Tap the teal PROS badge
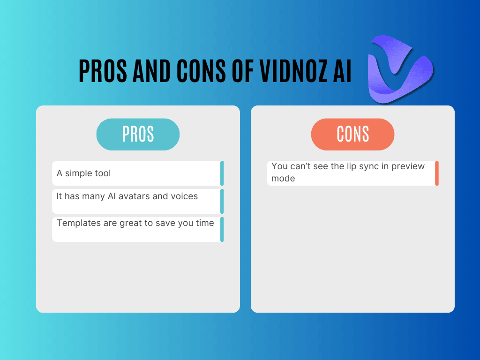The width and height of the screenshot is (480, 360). [x=138, y=135]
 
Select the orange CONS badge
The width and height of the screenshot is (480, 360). [x=352, y=135]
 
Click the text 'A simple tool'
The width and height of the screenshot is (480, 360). [x=84, y=173]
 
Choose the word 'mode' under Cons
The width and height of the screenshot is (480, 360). [x=283, y=179]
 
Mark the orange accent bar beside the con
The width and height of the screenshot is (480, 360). [x=437, y=173]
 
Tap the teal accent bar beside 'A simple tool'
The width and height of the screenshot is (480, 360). [x=222, y=173]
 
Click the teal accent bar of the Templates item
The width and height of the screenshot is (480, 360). [x=222, y=229]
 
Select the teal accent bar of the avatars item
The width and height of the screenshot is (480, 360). [x=222, y=202]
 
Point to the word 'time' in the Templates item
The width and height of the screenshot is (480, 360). [x=205, y=223]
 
